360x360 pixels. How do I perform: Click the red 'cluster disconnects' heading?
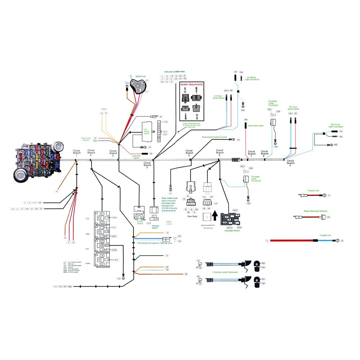(191, 84)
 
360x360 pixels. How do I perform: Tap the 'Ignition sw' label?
(140, 77)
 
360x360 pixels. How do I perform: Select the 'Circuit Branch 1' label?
(76, 152)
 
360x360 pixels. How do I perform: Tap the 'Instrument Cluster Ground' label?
(214, 137)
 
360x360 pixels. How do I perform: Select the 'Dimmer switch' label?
(155, 226)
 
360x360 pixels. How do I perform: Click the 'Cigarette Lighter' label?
(136, 157)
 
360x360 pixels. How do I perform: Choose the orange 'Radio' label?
(104, 108)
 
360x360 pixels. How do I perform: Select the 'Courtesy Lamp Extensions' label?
(225, 272)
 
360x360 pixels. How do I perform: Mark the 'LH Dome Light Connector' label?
(252, 78)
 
